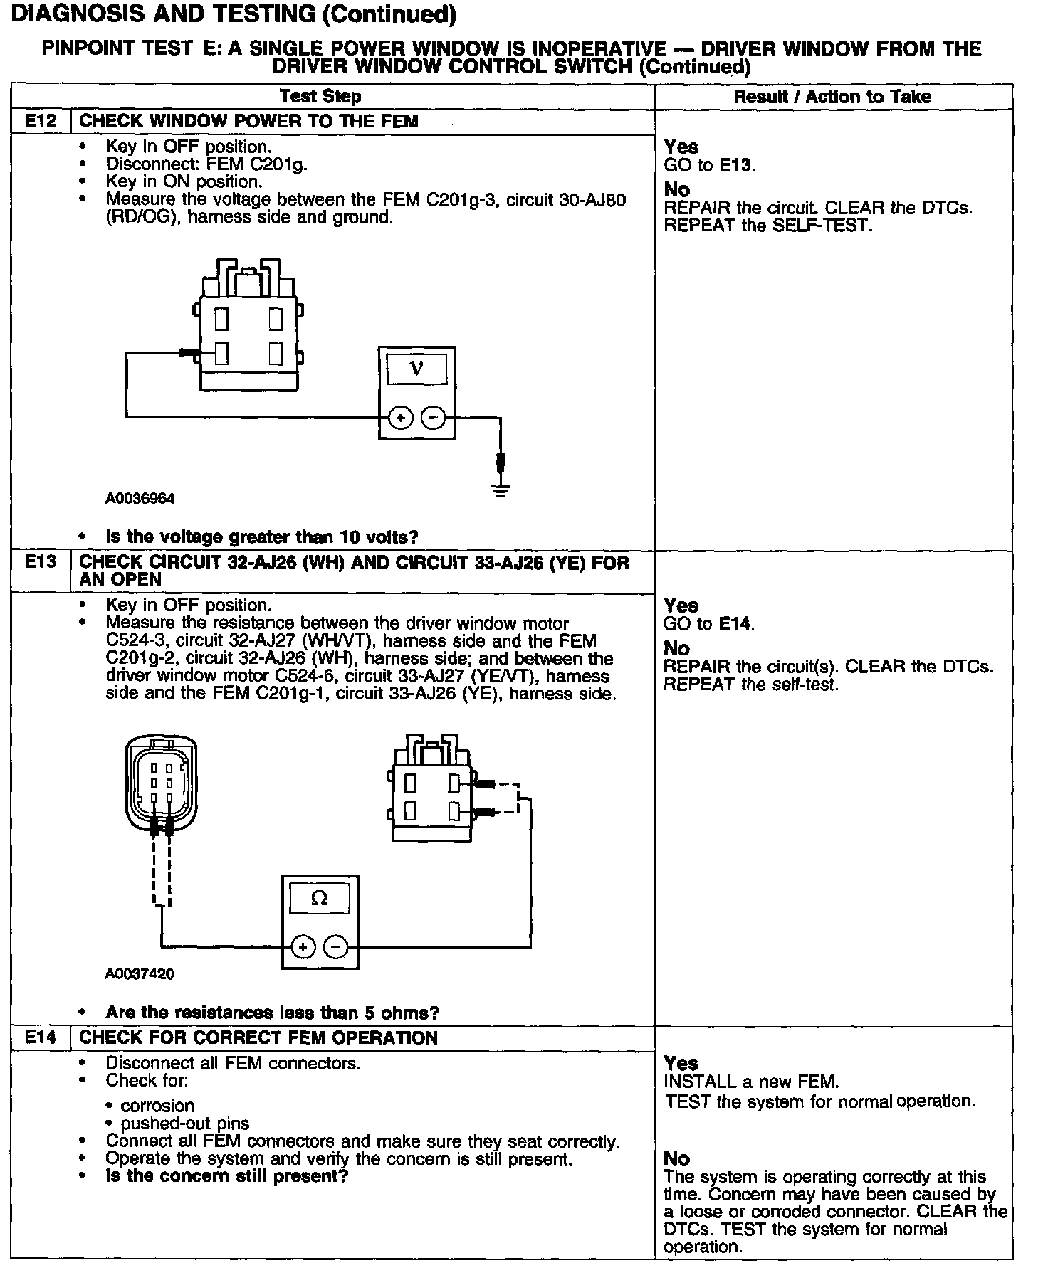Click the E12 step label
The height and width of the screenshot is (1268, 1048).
click(x=41, y=121)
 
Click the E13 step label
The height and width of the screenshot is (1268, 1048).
click(x=41, y=562)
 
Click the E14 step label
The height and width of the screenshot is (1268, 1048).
click(x=41, y=1037)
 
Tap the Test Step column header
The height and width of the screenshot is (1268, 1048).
click(x=320, y=96)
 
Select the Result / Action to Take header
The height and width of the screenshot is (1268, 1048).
click(x=832, y=96)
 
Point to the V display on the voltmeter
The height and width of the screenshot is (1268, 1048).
click(x=416, y=369)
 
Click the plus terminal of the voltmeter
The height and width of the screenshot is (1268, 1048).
click(x=401, y=418)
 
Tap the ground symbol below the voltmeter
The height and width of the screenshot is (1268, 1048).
click(x=501, y=490)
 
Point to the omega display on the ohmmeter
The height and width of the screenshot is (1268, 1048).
click(x=320, y=898)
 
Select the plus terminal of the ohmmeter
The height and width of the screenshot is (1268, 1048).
click(x=303, y=946)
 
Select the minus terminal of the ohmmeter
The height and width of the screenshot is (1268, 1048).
click(x=336, y=946)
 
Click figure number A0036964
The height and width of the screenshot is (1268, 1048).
click(x=140, y=498)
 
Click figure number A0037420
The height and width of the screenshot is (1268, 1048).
click(x=140, y=973)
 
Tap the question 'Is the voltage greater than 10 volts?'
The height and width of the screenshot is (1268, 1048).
click(x=262, y=537)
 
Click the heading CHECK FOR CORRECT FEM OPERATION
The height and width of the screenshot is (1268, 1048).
click(x=258, y=1037)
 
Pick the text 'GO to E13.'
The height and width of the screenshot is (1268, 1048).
click(x=709, y=165)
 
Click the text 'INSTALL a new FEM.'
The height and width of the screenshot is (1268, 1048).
click(x=751, y=1082)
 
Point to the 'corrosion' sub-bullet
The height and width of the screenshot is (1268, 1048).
click(x=157, y=1106)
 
